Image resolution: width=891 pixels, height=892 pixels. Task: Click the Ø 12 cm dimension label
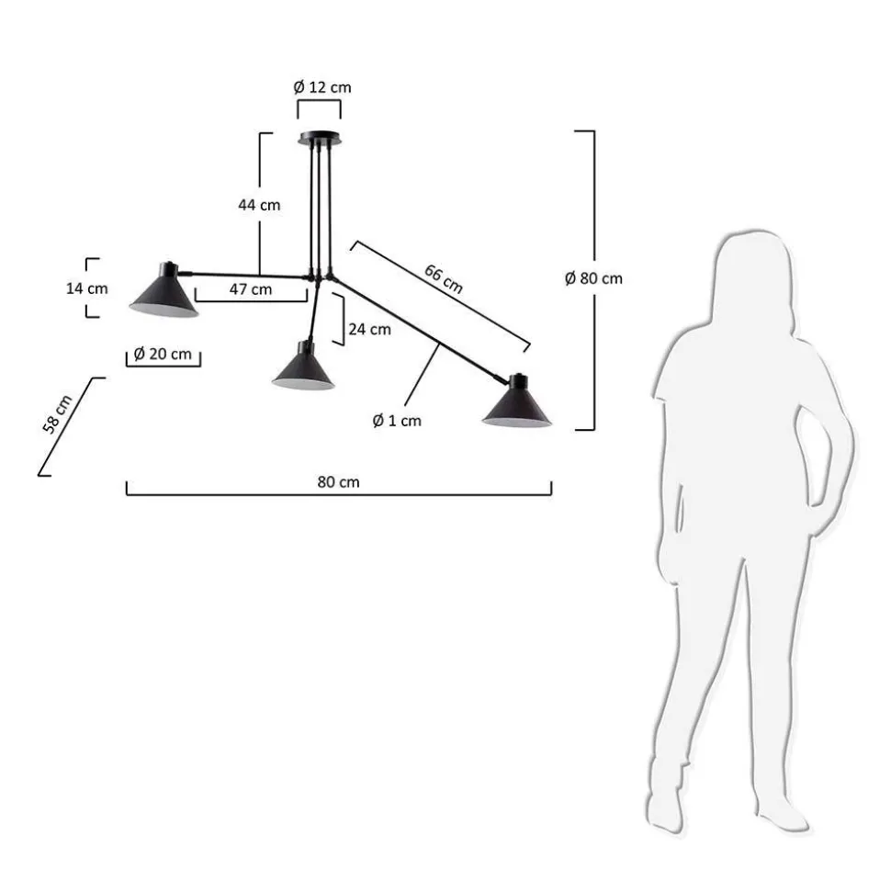[x=322, y=87]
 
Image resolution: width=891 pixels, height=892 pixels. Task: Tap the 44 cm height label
[x=259, y=205]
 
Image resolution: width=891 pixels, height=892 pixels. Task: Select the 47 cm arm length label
[x=251, y=289]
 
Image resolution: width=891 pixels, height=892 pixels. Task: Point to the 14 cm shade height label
[x=87, y=288]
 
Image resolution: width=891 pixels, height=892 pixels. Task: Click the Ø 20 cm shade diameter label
[x=163, y=354]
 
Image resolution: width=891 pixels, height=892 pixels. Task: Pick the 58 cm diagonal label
[x=58, y=414]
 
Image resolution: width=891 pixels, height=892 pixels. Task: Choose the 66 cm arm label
[x=444, y=278]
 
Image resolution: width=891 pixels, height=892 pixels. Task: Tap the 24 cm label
[x=370, y=330]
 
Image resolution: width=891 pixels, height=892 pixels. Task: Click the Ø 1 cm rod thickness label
[x=397, y=421]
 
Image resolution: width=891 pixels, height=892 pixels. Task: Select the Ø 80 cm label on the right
[x=594, y=278]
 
